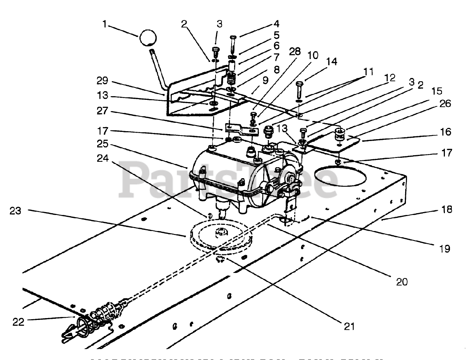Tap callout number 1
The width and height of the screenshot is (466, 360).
105,25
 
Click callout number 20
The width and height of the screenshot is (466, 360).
402,281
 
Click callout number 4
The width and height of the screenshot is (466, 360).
276,24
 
